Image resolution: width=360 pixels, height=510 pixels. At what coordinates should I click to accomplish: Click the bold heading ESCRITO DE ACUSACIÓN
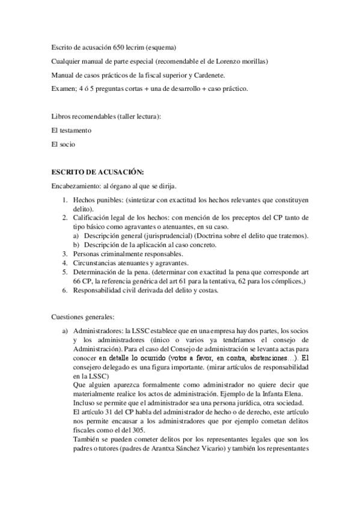click(x=97, y=171)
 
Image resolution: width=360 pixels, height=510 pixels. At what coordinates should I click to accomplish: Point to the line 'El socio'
click(x=64, y=144)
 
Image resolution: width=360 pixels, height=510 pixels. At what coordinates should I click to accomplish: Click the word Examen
click(x=64, y=88)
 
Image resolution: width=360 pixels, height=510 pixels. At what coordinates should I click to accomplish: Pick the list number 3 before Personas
click(x=66, y=254)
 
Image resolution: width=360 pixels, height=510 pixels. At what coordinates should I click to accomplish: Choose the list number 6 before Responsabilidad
click(x=66, y=291)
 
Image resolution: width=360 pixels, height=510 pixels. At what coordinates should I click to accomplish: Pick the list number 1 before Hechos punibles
click(x=66, y=198)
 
